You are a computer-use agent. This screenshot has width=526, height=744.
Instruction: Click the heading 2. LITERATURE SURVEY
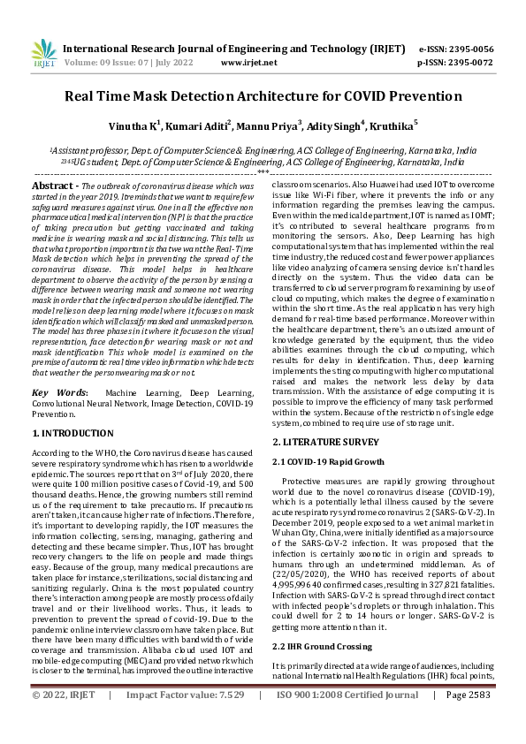[324, 441]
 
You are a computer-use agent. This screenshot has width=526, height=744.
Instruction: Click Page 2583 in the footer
[469, 720]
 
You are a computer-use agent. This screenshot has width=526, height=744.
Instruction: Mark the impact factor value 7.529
[226, 720]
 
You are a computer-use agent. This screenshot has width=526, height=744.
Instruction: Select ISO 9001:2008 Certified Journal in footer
[340, 720]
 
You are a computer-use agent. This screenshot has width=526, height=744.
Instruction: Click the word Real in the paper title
[86, 100]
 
